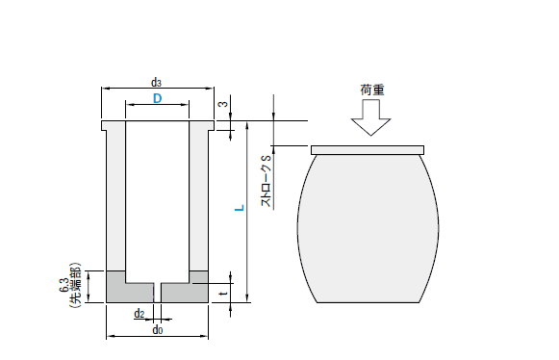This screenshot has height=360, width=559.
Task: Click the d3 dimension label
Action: (x=156, y=83)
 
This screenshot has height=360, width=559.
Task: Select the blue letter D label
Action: (x=157, y=98)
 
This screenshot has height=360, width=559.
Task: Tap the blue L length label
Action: (x=240, y=207)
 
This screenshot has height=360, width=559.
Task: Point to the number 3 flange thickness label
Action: (x=223, y=104)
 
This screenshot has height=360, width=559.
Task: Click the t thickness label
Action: (x=223, y=293)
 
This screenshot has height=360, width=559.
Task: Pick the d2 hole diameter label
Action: (x=140, y=314)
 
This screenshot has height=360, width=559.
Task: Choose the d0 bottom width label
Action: (x=158, y=330)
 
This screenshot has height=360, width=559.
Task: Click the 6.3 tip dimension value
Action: (x=64, y=285)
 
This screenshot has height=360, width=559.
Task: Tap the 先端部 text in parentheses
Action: (x=76, y=286)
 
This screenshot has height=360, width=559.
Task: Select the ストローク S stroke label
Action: (x=267, y=181)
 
